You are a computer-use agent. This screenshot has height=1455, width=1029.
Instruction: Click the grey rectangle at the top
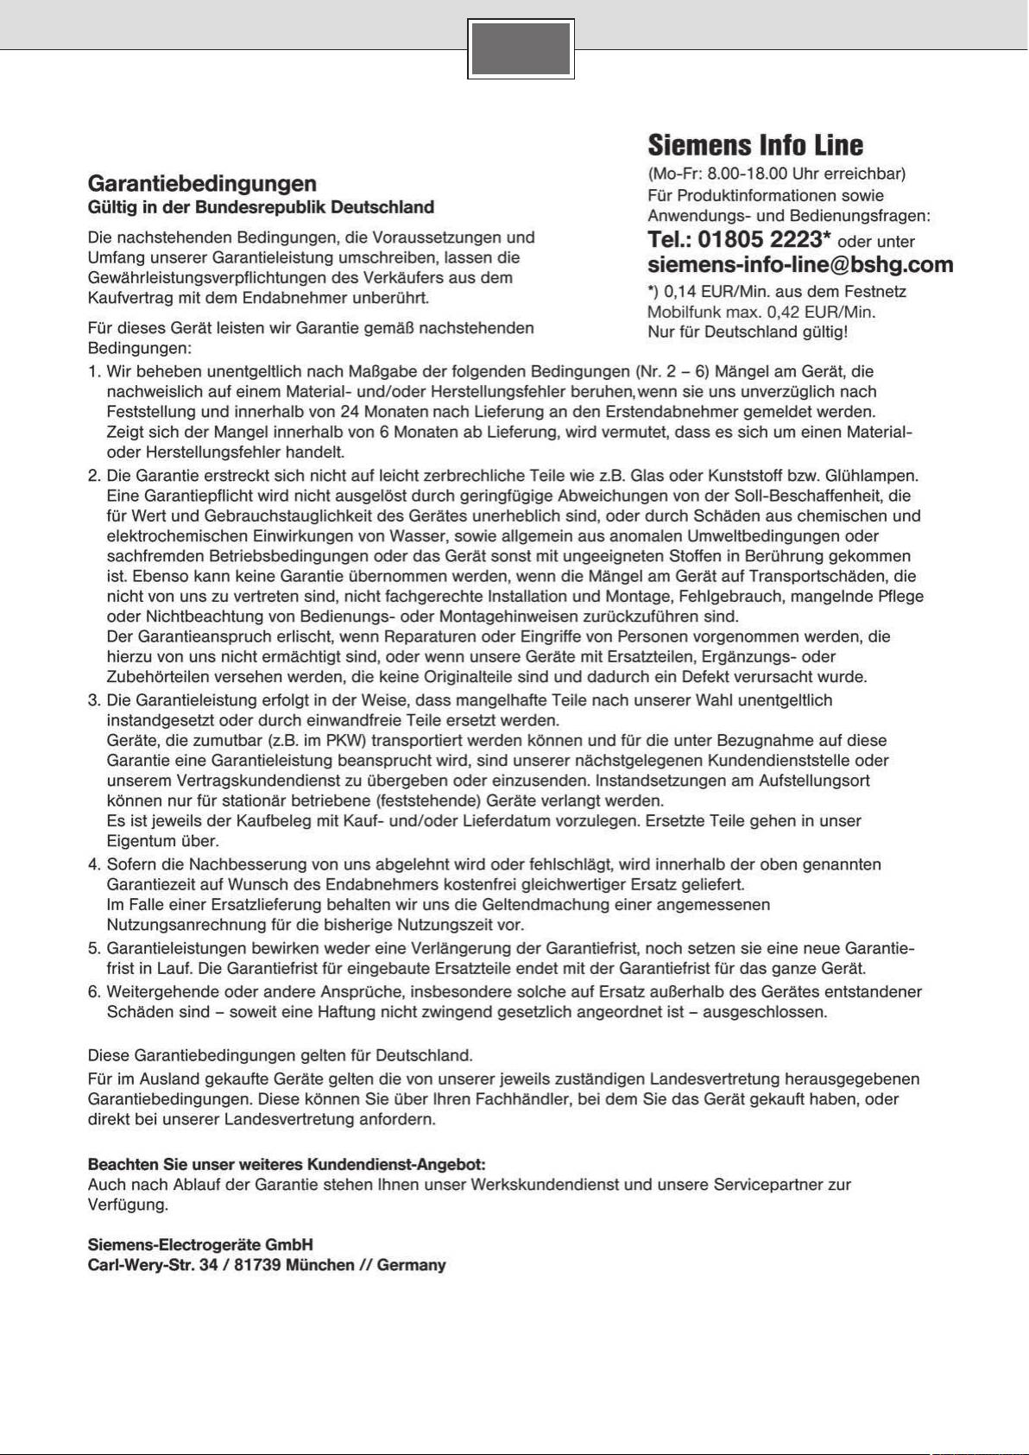(x=521, y=48)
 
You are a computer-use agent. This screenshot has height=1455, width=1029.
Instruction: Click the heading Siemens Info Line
(x=754, y=144)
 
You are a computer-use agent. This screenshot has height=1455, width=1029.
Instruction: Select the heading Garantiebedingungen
(x=202, y=183)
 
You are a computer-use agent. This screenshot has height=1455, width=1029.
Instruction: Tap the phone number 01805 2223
(x=759, y=239)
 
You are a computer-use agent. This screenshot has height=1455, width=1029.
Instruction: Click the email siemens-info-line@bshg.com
(x=800, y=264)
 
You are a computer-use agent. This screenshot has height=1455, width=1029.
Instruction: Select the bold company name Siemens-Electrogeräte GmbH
(x=200, y=1244)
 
